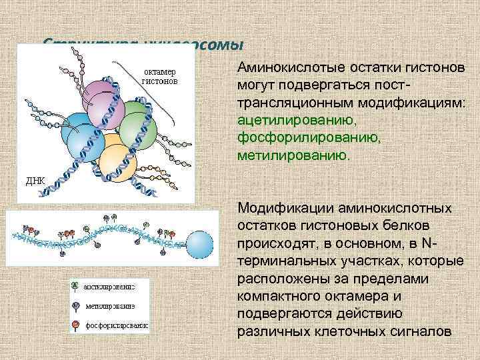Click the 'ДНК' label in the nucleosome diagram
click(x=35, y=181)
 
